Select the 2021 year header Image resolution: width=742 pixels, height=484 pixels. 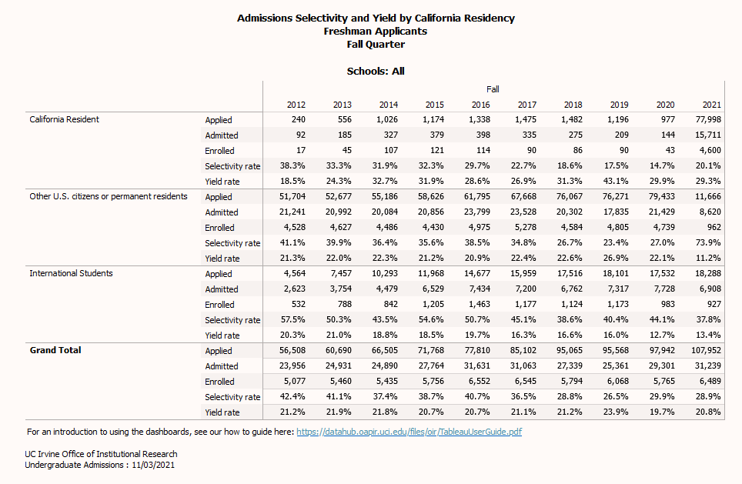pos(711,105)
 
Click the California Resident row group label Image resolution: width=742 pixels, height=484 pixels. pos(64,119)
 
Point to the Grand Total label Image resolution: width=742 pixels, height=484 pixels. pos(55,350)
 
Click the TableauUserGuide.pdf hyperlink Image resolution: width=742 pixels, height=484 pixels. pos(409,432)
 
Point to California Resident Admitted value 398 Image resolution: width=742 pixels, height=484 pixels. pos(482,135)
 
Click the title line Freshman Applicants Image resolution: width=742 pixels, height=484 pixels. pos(376,32)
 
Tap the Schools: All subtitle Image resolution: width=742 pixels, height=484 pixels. pos(376,71)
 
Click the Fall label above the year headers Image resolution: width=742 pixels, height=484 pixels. pos(493,89)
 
